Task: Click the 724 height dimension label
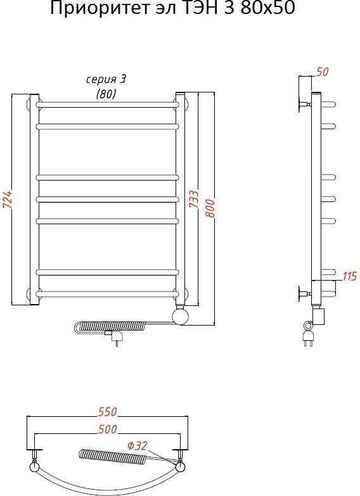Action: pos(7,200)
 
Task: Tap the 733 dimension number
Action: pos(194,199)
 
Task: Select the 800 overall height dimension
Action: pos(210,208)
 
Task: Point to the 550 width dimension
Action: pos(108,412)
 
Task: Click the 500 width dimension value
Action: pos(108,429)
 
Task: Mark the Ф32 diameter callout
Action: pos(138,446)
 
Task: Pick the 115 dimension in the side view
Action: pos(350,276)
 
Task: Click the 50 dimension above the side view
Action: pos(323,72)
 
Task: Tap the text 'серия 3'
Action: pos(106,79)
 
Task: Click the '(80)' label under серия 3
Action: pos(106,93)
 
